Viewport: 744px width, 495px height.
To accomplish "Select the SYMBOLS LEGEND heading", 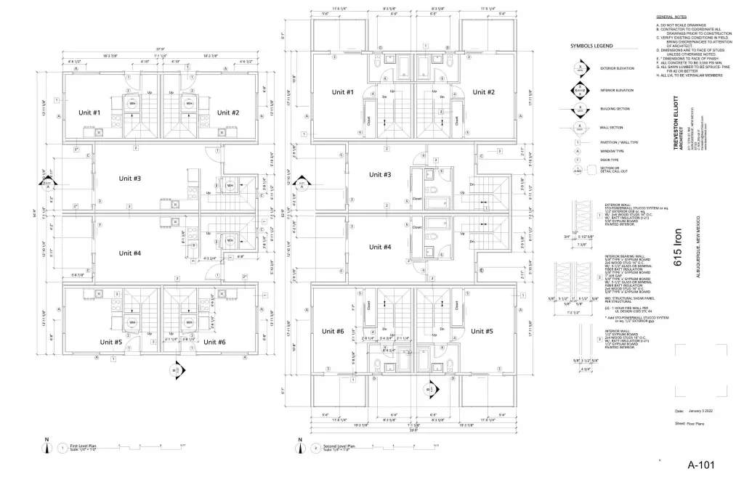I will point(591,46).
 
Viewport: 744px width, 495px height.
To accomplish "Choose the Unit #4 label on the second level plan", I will point(380,247).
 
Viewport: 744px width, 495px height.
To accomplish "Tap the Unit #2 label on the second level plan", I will point(483,92).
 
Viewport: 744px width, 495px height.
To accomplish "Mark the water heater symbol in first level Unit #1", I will point(132,104).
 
